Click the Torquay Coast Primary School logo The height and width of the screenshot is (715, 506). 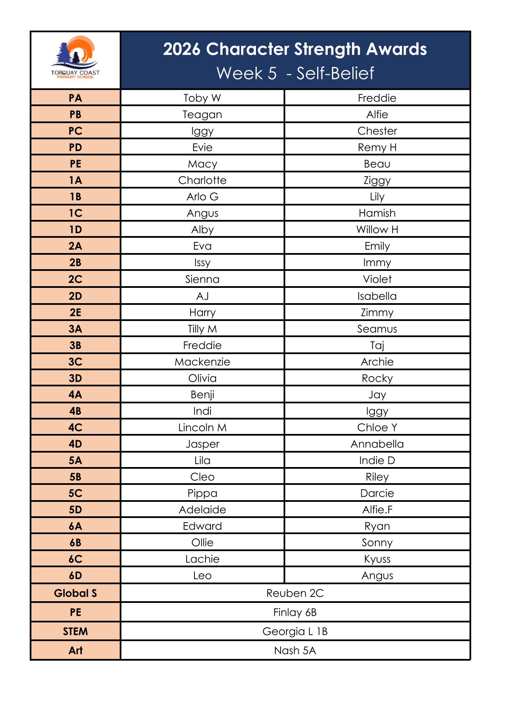[76, 58]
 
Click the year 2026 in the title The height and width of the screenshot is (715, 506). [182, 49]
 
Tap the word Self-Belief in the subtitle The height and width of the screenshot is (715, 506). [335, 73]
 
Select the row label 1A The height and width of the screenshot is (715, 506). [76, 180]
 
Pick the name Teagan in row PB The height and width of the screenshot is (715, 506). [202, 115]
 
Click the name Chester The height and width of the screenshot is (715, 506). [377, 131]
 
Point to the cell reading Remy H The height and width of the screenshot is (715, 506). [377, 147]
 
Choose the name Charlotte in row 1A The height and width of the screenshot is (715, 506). [202, 180]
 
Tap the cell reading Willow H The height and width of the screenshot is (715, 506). [377, 230]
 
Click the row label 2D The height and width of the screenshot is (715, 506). [76, 296]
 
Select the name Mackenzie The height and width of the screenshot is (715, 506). [202, 362]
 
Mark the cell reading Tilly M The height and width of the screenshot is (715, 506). [202, 329]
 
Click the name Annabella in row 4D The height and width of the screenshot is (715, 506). [377, 444]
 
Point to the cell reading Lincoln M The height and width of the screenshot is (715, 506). [202, 428]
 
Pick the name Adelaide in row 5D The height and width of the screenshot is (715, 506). [202, 510]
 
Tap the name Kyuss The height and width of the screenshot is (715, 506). [377, 559]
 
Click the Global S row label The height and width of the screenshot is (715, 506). [76, 593]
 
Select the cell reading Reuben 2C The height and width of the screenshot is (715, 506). [295, 593]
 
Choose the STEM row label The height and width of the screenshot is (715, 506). [76, 631]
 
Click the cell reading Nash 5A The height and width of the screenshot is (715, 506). [295, 650]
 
